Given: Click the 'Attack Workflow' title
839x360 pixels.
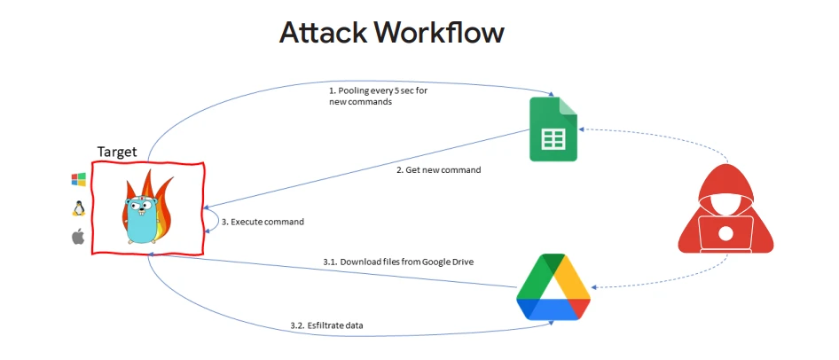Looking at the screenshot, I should [391, 32].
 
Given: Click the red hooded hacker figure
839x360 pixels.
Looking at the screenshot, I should [725, 214].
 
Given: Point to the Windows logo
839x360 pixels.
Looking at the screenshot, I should [78, 179].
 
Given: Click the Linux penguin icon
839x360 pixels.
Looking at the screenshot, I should [78, 208].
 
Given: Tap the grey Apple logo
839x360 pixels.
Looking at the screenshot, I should [78, 237].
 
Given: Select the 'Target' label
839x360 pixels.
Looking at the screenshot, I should [116, 152].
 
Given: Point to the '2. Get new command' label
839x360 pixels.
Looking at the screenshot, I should [438, 169].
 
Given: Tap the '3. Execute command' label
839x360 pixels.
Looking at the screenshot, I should [262, 222].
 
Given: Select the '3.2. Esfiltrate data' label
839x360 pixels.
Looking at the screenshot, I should [326, 325].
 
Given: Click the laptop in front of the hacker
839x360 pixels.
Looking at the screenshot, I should [725, 232].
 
